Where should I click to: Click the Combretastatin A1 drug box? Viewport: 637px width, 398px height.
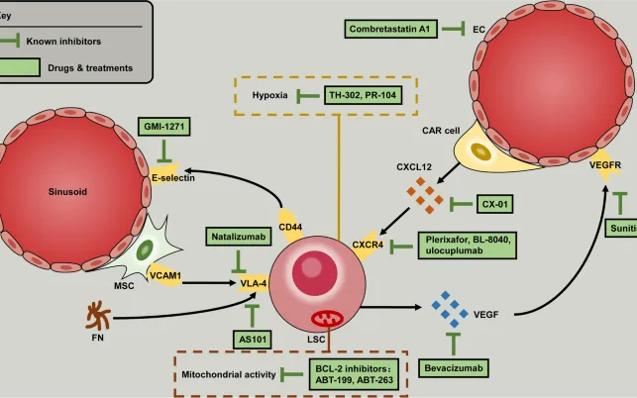coord(391,30)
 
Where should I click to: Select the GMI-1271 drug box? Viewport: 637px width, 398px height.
coord(164,127)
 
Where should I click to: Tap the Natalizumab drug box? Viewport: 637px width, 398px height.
coord(238,237)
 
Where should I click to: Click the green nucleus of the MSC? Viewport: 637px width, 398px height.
coord(146,249)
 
